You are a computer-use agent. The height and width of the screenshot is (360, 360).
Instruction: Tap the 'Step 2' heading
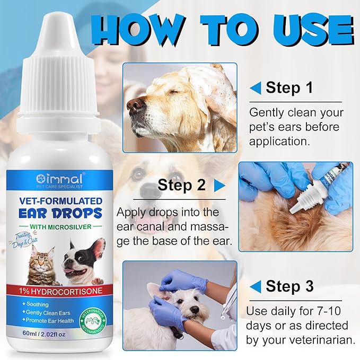pos(181,185)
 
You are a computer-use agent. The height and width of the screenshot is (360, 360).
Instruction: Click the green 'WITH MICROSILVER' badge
pos(59,229)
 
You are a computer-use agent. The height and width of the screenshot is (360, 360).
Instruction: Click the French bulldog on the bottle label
pos(80,260)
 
